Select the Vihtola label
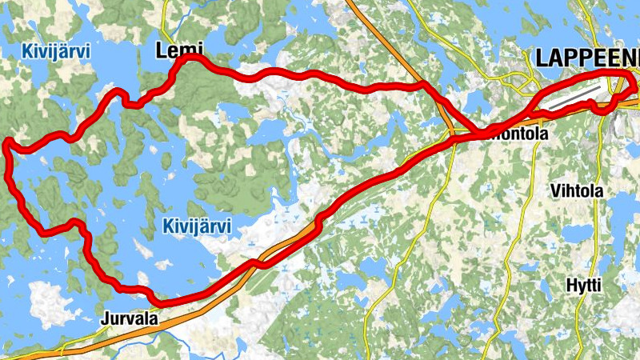(x=577, y=191)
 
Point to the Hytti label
(x=582, y=286)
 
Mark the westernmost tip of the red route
(x=6, y=144)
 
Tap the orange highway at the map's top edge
(x=352, y=3)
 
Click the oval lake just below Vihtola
(x=578, y=234)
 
